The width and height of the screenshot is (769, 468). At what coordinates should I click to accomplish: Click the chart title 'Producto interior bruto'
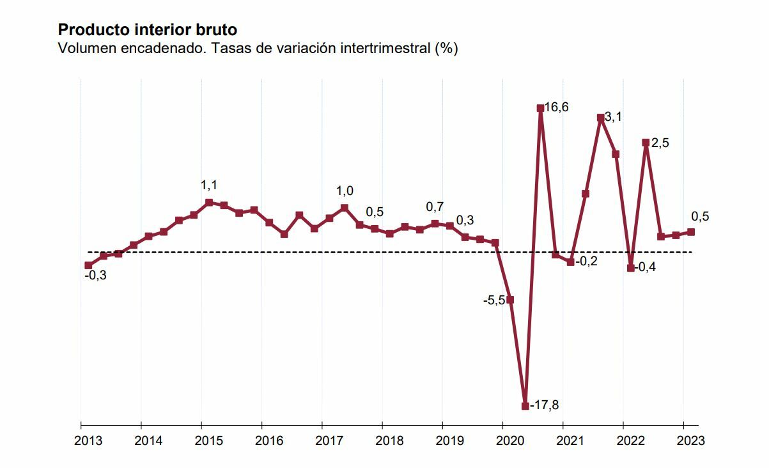click(x=148, y=29)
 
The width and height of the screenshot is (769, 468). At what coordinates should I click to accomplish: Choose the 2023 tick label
click(x=690, y=441)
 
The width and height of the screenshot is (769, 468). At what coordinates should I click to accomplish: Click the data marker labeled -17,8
click(x=525, y=405)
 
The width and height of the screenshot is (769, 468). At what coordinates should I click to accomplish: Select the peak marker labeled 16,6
click(x=540, y=108)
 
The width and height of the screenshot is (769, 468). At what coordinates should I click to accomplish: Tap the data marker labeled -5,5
click(x=510, y=300)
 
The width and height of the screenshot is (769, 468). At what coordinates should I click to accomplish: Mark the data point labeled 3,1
click(x=600, y=118)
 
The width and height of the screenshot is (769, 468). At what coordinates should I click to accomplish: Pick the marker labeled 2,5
click(x=646, y=143)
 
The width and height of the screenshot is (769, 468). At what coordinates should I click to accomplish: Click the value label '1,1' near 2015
click(x=209, y=185)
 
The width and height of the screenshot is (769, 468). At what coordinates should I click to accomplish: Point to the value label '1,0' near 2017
click(x=345, y=191)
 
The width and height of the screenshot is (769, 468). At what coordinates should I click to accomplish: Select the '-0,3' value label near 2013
click(x=96, y=276)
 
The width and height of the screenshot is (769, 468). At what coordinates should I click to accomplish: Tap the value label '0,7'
click(x=435, y=207)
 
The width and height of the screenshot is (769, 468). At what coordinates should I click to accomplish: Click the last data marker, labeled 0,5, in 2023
click(x=691, y=232)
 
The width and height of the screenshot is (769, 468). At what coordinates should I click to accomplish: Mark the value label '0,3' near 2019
click(x=465, y=221)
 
